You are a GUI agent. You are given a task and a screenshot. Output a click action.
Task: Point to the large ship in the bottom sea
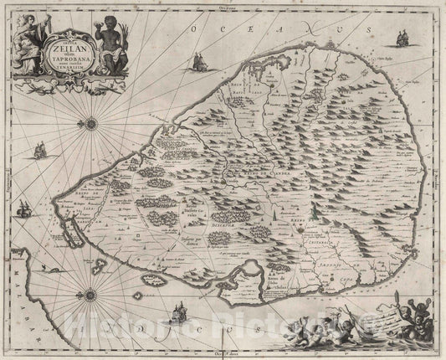click(177, 317)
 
